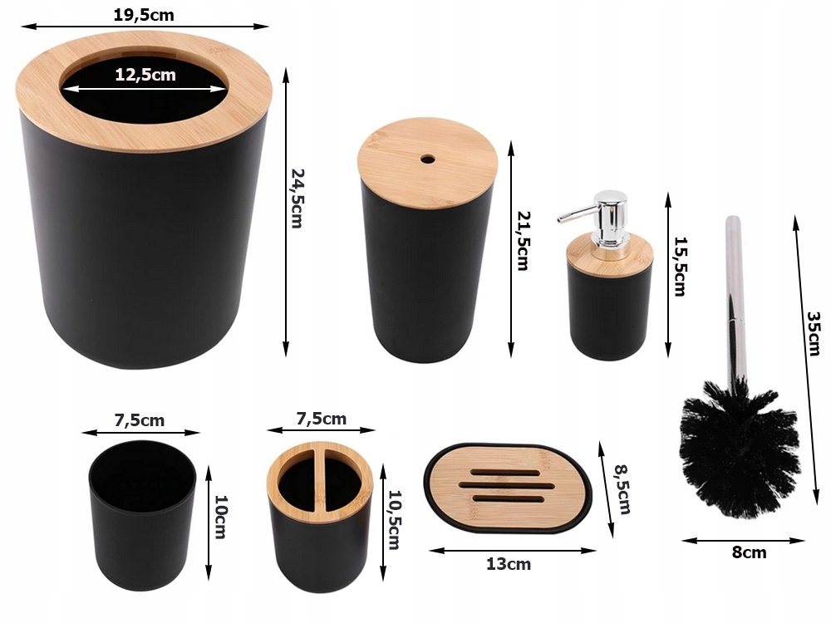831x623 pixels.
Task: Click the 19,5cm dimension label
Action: point(144,15)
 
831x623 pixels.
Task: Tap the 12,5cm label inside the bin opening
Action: point(145,75)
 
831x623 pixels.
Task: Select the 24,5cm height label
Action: point(297,199)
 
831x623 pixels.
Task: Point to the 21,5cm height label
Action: point(524,241)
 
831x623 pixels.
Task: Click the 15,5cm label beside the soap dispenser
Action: point(681,266)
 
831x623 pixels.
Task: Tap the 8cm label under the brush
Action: point(749,552)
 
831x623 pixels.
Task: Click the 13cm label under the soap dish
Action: point(509,564)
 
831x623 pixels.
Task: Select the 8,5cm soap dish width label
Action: point(622,489)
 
